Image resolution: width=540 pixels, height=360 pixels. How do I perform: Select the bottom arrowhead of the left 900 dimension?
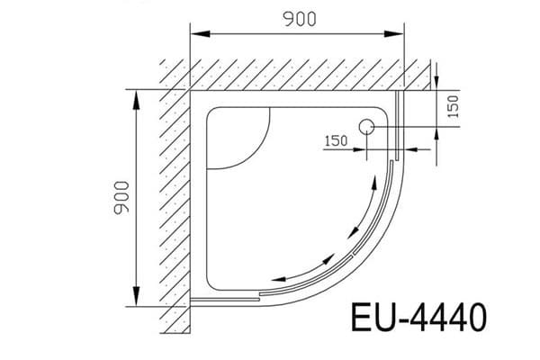(x=137, y=301)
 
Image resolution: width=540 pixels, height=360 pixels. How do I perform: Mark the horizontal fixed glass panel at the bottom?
(x=225, y=296)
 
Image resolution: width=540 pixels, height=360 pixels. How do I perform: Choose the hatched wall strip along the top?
(x=297, y=75)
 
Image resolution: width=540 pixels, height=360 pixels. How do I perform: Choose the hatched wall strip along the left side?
(x=174, y=198)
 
